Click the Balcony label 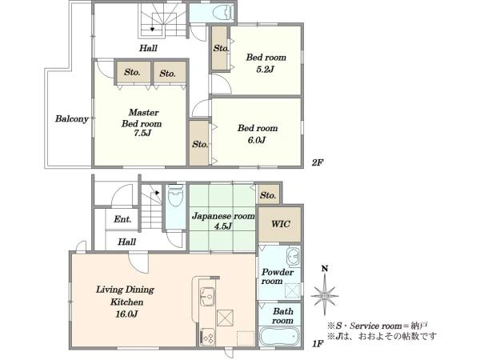(x=72, y=118)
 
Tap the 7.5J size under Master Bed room (x=141, y=134)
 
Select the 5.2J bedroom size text (x=266, y=69)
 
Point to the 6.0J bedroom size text (x=257, y=140)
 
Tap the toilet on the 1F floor (x=175, y=194)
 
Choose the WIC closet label (x=281, y=224)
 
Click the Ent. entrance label (x=122, y=219)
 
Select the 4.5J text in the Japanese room (x=222, y=226)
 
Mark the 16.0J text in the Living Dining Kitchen (x=126, y=314)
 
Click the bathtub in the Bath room (x=279, y=336)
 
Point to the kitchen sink (x=207, y=296)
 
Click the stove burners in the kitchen (x=207, y=338)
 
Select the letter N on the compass (x=325, y=269)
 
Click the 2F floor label (x=318, y=162)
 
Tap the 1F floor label (x=318, y=344)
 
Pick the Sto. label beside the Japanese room (x=268, y=195)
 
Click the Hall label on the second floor (x=148, y=48)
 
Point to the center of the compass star (x=325, y=296)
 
